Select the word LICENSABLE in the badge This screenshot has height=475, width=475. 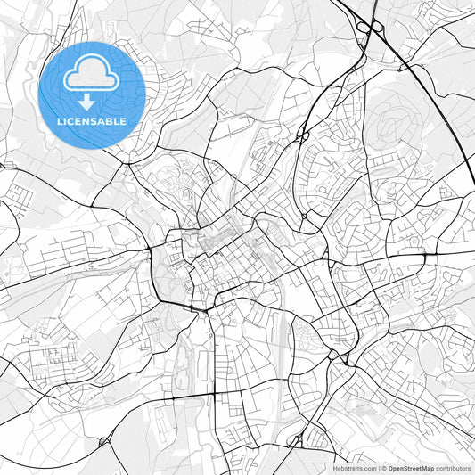click(92, 120)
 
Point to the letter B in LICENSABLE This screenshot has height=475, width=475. click(111, 120)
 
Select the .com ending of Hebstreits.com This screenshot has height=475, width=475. click(369, 468)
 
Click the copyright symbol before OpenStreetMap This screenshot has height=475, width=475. click(385, 468)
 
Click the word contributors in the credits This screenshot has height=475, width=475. click(454, 468)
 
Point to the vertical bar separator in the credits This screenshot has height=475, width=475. click(379, 468)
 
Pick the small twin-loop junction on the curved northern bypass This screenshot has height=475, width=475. click(301, 136)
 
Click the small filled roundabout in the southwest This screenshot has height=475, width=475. click(104, 440)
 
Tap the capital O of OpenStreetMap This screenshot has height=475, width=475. click(392, 468)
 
